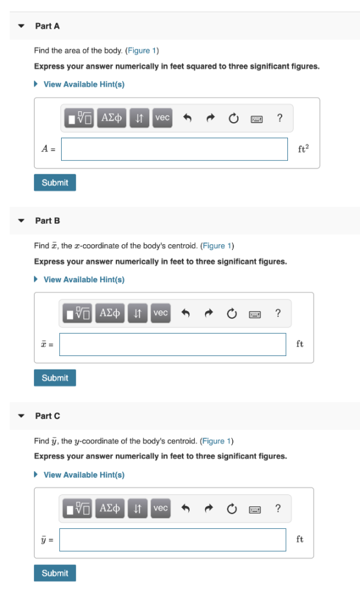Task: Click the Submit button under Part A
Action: tap(55, 183)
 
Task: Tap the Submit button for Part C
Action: tap(55, 573)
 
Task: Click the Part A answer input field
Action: tap(175, 149)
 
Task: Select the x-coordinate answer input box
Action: tap(173, 344)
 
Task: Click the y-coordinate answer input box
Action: tap(173, 540)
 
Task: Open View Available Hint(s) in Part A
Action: tap(84, 84)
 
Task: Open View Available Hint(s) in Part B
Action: tap(84, 280)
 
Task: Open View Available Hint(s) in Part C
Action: tap(84, 475)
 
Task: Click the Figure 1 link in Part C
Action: tap(216, 441)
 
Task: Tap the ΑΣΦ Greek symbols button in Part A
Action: tap(112, 118)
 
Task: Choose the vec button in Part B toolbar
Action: tap(161, 313)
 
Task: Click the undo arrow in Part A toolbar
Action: tap(187, 118)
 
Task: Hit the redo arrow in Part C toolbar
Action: tap(209, 509)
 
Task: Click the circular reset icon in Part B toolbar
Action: tap(231, 314)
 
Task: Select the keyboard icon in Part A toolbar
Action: tap(257, 120)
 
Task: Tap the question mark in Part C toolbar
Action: tap(278, 508)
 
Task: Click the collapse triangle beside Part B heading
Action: tap(21, 221)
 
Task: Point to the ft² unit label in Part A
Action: tap(303, 148)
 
